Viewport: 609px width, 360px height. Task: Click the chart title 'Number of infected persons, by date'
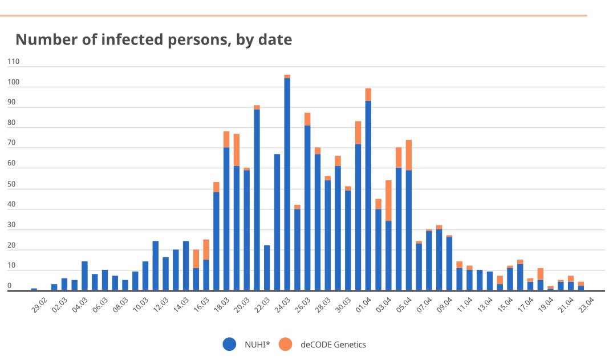click(x=153, y=40)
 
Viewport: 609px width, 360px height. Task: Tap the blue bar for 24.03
click(x=287, y=183)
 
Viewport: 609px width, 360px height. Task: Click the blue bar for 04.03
click(x=84, y=276)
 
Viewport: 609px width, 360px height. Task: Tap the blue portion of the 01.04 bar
click(x=368, y=194)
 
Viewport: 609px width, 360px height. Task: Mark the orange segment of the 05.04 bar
click(x=409, y=154)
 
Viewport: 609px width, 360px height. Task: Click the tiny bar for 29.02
click(x=34, y=289)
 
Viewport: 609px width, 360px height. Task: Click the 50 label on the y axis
click(x=12, y=184)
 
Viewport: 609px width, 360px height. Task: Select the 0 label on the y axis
click(x=10, y=285)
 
